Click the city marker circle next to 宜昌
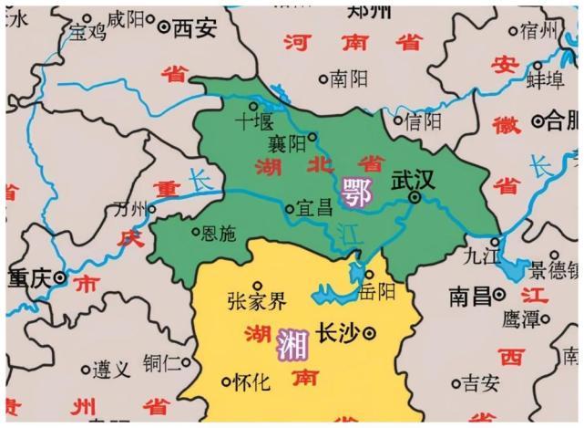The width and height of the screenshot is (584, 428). click(x=290, y=209)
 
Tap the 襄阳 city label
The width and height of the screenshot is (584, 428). click(x=285, y=143)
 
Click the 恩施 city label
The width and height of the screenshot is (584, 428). click(x=219, y=234)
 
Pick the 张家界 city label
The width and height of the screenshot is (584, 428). click(x=256, y=302)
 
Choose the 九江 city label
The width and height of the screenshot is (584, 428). click(x=482, y=256)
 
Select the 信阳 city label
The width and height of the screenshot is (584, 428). click(x=424, y=120)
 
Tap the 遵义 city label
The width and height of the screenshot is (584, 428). click(x=111, y=370)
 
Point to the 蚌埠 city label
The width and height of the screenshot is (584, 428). click(x=547, y=78)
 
